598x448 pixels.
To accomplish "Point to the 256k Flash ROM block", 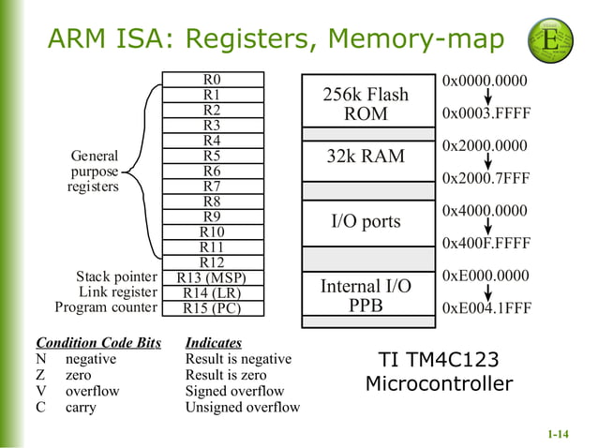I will tap(366, 103).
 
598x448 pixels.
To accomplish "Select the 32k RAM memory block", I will tap(366, 157).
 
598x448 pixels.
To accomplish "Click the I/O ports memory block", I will tap(366, 222).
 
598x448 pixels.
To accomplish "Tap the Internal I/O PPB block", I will tap(366, 295).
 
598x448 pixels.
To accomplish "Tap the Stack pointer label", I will tap(116, 276).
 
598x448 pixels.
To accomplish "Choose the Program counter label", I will tap(105, 306).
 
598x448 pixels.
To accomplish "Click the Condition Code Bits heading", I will tap(97, 343).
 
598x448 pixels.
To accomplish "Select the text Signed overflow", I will tap(234, 391).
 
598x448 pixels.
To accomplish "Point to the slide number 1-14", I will tap(559, 434).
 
